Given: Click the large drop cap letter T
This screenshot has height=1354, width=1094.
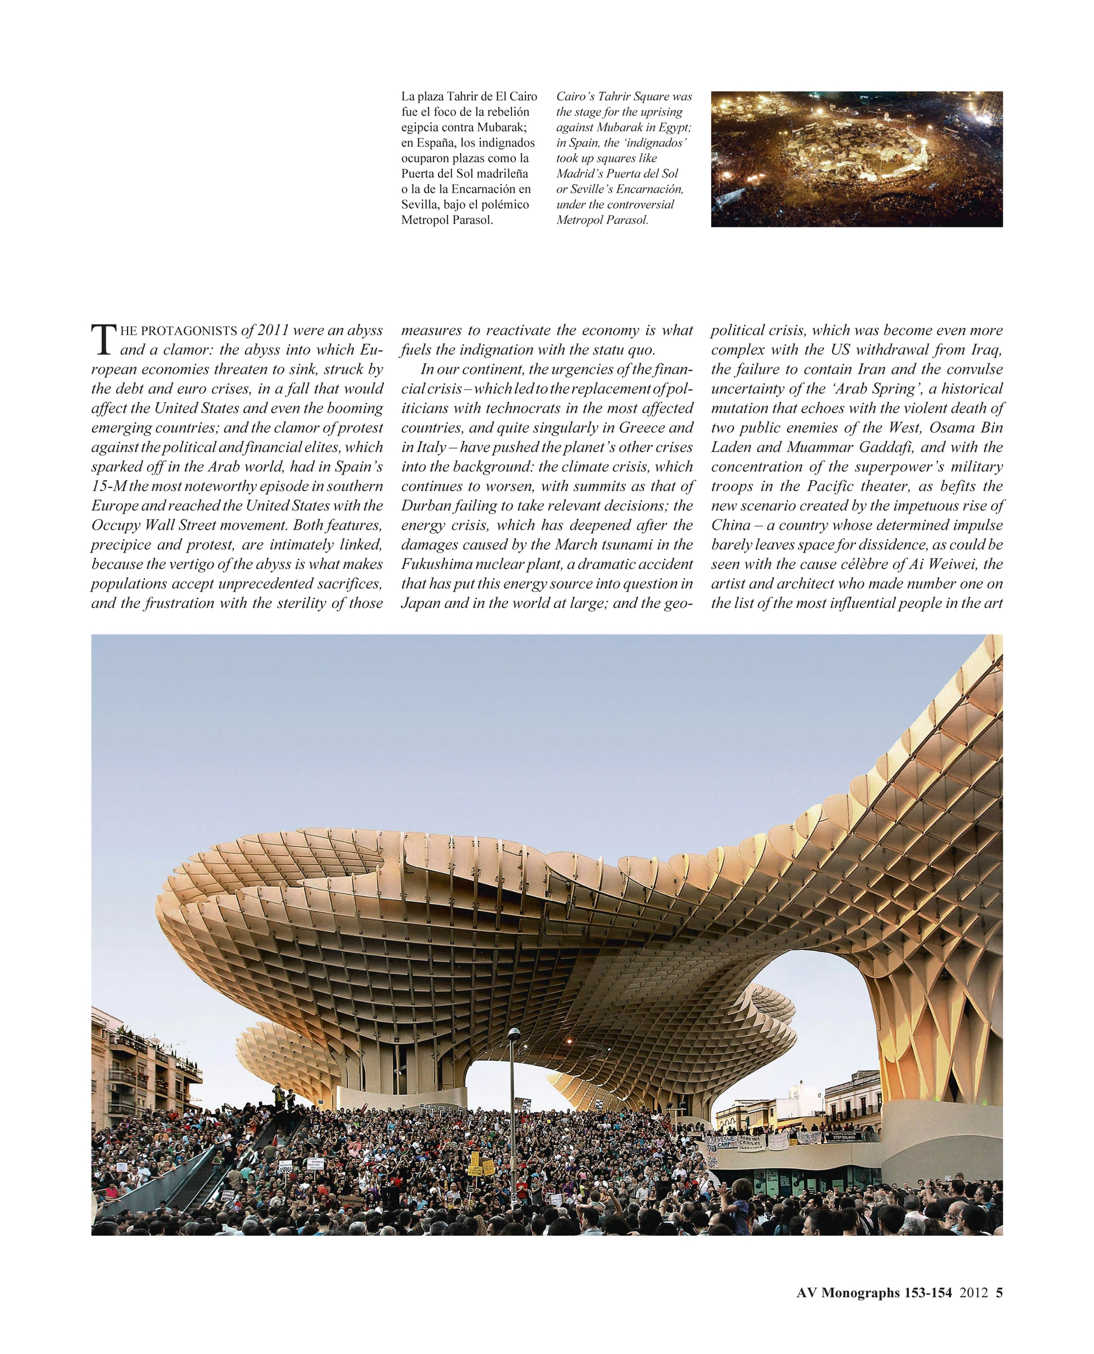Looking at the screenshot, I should coord(104,340).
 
